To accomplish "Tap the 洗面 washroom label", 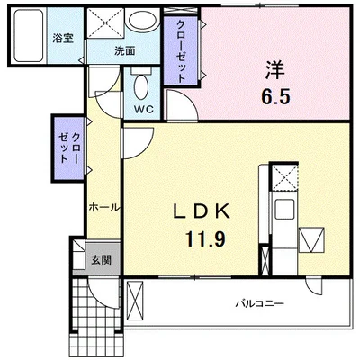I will pos(124,51).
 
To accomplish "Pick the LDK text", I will pos(203,211).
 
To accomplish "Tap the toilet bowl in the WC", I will pos(142,89).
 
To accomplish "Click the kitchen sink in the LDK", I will pos(286,214).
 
